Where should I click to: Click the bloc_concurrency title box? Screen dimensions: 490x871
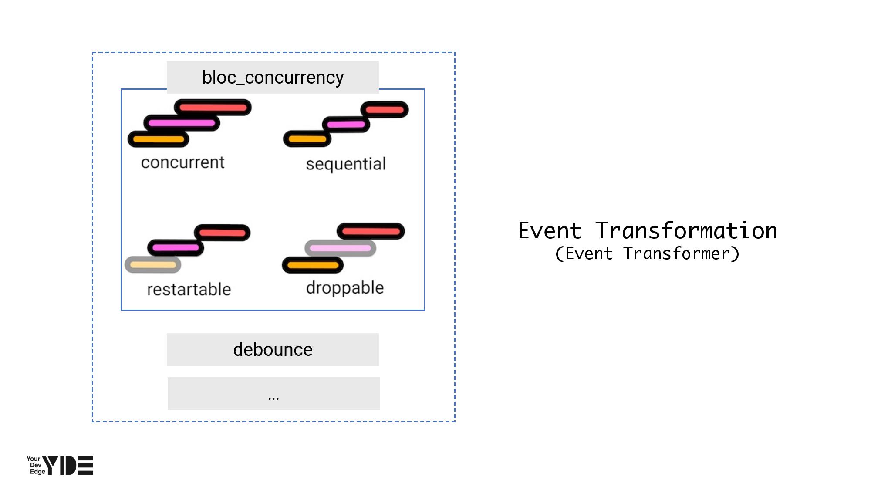tap(273, 77)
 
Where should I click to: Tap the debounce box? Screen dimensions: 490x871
tap(273, 349)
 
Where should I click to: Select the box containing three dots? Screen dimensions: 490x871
tap(273, 394)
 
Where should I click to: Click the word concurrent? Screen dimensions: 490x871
tap(182, 162)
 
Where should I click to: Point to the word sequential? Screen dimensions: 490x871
tap(346, 164)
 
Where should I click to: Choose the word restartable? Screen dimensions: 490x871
tap(189, 289)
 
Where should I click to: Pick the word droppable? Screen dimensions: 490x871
tap(345, 288)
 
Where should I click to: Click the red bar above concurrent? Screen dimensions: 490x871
tap(213, 108)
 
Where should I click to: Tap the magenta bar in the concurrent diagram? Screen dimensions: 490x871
tap(182, 123)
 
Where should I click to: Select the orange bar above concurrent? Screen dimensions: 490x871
tap(158, 139)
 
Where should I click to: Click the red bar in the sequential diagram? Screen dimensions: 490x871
tap(385, 110)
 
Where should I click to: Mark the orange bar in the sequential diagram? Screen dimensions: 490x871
tap(307, 139)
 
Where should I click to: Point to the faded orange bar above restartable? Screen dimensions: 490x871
tap(153, 265)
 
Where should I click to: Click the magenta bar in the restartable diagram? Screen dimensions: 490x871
tap(176, 248)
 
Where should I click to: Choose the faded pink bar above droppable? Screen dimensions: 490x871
tap(340, 248)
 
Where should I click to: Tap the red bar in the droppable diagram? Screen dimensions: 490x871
tap(371, 231)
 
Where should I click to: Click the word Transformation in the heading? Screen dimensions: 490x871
tap(686, 230)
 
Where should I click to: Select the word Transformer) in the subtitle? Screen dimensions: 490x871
tap(681, 253)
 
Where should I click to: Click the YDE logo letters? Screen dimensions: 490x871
tap(68, 466)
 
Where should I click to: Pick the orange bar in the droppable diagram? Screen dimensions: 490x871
tap(313, 265)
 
